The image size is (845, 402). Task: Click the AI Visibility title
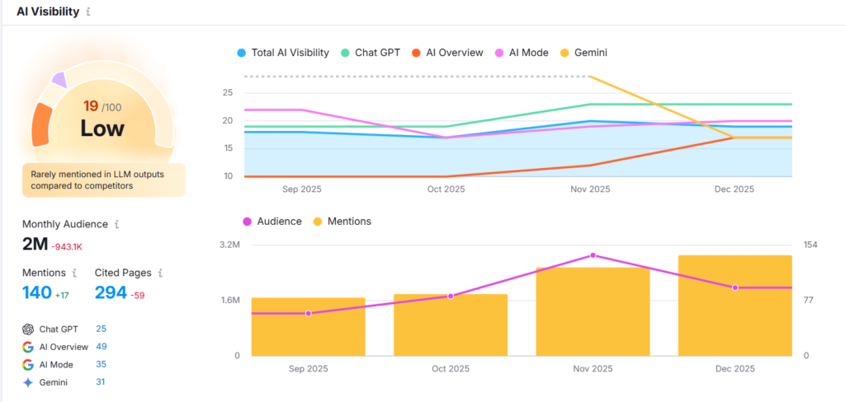(x=48, y=12)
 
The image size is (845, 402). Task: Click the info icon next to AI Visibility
(x=89, y=12)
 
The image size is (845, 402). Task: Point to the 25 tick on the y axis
(x=227, y=93)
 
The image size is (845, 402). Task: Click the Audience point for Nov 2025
(x=592, y=255)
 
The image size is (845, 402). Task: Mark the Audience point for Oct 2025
(x=451, y=296)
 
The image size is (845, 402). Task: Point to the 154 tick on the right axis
(x=810, y=245)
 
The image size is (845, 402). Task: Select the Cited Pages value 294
(x=111, y=292)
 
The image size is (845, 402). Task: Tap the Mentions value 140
(x=36, y=292)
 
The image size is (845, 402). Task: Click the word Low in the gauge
(x=102, y=129)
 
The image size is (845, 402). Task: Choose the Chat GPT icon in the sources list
(x=28, y=329)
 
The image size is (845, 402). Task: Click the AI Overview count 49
(x=101, y=347)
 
